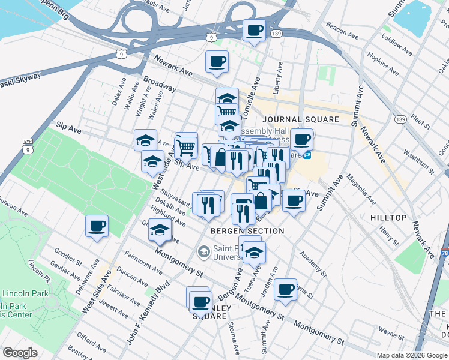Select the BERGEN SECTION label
pos(247,231)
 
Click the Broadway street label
pos(159,84)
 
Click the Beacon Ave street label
pos(341,32)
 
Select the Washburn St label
pos(418,161)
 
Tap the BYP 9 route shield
pos(27,145)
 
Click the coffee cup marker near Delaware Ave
pos(97,226)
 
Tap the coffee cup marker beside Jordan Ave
pos(285,290)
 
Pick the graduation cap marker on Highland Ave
pos(159,230)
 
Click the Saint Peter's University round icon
pos(203,250)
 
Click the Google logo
pos(20,353)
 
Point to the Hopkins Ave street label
pos(384,65)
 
